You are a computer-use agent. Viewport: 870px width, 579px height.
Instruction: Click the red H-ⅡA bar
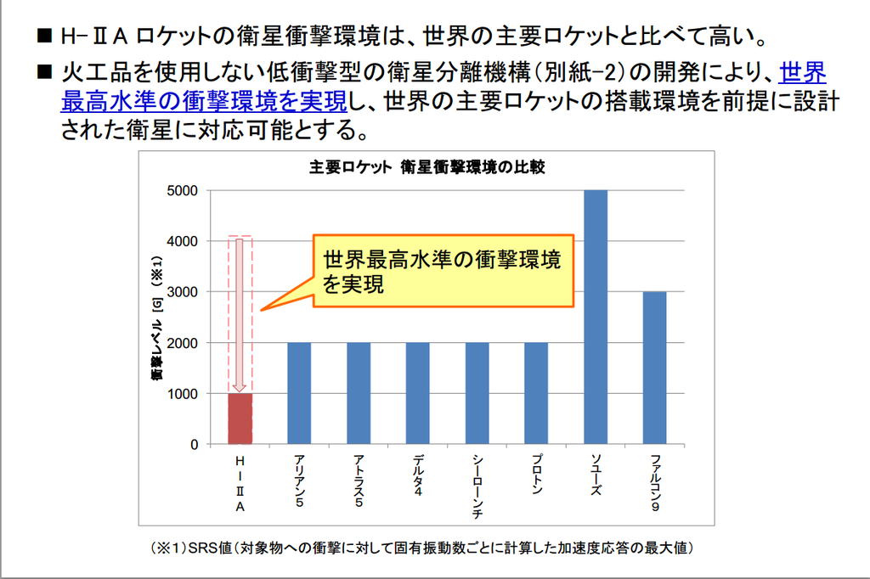click(240, 419)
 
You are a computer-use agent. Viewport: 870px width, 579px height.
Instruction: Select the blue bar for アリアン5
click(299, 393)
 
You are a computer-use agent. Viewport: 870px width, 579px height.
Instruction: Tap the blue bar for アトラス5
click(359, 393)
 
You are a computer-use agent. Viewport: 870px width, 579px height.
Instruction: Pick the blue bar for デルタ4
click(417, 393)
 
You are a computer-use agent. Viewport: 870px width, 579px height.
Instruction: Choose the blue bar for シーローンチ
click(477, 393)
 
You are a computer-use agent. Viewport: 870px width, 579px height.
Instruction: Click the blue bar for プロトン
click(536, 393)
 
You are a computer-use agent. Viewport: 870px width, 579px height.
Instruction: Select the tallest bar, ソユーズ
click(596, 317)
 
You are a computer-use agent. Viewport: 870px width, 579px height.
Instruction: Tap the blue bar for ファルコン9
click(654, 368)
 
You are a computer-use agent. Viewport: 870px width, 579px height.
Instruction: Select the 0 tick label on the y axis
click(194, 445)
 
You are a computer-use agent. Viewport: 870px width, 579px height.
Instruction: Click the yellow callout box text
click(442, 272)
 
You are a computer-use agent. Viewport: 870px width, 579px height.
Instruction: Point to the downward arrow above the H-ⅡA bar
click(240, 314)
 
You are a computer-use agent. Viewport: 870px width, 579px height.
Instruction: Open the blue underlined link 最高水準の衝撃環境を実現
click(205, 101)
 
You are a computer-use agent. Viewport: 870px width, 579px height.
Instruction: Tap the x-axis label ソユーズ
click(596, 475)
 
